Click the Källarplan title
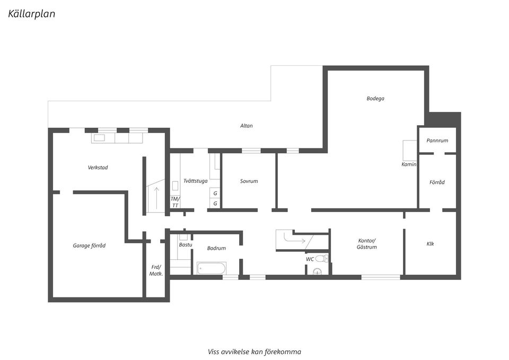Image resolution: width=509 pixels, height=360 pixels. pos(31,14)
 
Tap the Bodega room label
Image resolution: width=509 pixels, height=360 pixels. pos(375,99)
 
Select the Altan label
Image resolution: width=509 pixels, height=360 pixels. pos(247,126)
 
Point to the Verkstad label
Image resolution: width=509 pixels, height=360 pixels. pos(98,168)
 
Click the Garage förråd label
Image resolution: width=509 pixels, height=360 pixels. pos(89,245)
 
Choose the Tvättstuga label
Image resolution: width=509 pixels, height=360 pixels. pos(196,181)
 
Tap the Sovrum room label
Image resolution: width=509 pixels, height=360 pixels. pos(249,181)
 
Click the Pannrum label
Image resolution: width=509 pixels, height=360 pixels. pos(437,141)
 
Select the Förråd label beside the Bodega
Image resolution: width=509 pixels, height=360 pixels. pos(437,182)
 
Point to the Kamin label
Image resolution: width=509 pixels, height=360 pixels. pos(409,164)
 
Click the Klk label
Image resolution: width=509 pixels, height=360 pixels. pos(430,244)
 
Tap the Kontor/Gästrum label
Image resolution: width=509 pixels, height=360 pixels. pos(367,244)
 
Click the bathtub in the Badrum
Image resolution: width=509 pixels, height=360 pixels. pos(212,268)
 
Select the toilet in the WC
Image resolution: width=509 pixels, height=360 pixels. pos(321,259)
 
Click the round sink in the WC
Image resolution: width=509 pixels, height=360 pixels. pos(317,271)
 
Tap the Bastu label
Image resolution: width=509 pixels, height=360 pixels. pos(186,245)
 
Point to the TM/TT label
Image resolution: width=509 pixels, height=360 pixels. pos(175,202)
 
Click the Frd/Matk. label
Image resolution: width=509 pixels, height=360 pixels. pos(156,270)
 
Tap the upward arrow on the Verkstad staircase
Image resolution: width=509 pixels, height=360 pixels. pos(157,198)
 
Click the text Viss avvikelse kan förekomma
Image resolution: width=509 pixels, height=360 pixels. pos(254,352)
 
